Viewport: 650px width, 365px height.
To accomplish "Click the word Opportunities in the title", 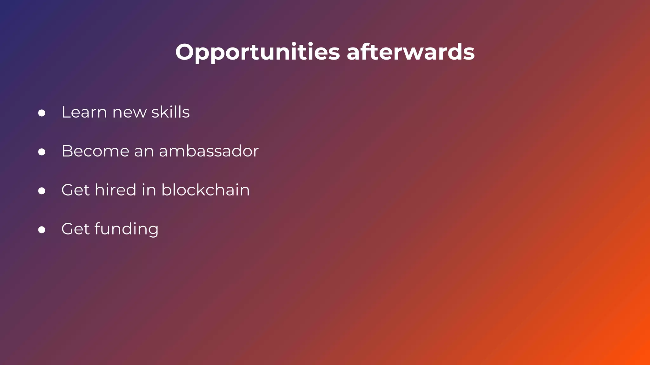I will [257, 52].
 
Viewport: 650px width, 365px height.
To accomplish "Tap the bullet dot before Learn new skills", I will [42, 113].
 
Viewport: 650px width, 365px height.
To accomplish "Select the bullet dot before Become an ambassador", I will [42, 152].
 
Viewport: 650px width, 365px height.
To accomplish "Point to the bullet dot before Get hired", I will [42, 191].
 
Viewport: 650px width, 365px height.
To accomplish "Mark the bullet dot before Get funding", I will [42, 230].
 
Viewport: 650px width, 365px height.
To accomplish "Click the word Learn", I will [84, 112].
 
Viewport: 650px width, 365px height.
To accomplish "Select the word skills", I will [170, 112].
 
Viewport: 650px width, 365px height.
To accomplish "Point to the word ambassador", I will [209, 151].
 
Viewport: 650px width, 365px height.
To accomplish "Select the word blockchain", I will [205, 190].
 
